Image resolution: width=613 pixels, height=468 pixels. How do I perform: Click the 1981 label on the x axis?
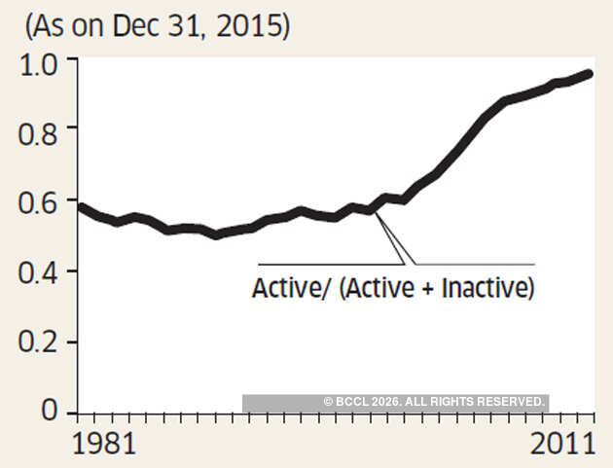click(105, 445)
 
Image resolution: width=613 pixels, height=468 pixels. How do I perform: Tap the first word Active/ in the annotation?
click(282, 290)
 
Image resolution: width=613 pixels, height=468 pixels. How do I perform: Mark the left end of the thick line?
click(80, 206)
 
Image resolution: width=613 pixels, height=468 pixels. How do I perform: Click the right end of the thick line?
click(590, 74)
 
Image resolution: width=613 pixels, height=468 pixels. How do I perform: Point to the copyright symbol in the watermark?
click(328, 402)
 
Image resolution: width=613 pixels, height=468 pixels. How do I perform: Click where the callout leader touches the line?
click(375, 211)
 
